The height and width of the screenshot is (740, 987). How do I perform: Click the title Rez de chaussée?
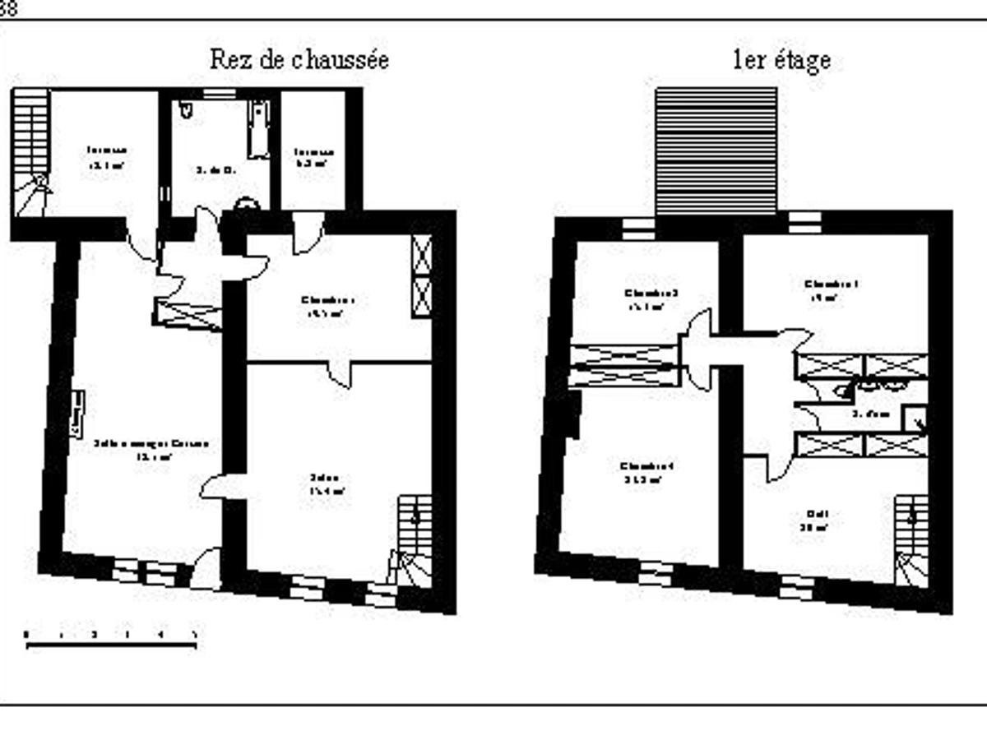tap(299, 60)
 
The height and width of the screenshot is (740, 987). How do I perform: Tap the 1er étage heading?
tap(781, 60)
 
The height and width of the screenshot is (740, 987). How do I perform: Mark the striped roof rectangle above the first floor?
tap(716, 151)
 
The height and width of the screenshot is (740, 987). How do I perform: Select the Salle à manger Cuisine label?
tap(151, 449)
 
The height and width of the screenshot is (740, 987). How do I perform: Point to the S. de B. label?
tap(216, 171)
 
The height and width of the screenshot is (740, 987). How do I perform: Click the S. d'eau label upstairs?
tap(871, 414)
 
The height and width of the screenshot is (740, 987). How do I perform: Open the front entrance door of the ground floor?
tap(206, 569)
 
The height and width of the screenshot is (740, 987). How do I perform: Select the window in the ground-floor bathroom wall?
tap(219, 95)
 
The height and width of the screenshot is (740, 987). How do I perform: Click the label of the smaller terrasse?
tap(314, 157)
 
